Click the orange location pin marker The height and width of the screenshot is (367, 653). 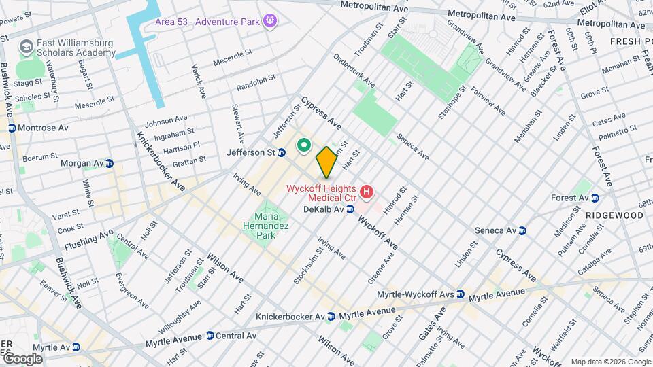(326, 162)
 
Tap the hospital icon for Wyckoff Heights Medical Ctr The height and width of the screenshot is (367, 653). (367, 192)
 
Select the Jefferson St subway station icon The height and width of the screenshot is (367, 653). (281, 153)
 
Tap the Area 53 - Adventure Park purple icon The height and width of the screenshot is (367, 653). (270, 21)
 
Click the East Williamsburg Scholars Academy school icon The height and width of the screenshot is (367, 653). (27, 47)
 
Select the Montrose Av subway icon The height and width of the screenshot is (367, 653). (12, 128)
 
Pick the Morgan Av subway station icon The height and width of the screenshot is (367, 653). (109, 163)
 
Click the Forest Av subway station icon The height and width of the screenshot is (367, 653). (595, 198)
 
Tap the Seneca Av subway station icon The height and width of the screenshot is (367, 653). (522, 230)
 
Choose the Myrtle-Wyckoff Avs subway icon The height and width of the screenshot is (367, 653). (461, 294)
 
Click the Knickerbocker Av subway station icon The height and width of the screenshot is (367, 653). (331, 317)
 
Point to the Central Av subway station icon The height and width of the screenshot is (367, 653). (210, 336)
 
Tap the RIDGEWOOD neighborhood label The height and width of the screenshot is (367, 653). (615, 215)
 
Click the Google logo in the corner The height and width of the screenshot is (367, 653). (22, 358)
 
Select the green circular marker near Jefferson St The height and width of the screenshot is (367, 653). (303, 145)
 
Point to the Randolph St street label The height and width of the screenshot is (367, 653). (256, 83)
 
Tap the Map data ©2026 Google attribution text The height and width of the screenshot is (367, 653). (609, 362)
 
